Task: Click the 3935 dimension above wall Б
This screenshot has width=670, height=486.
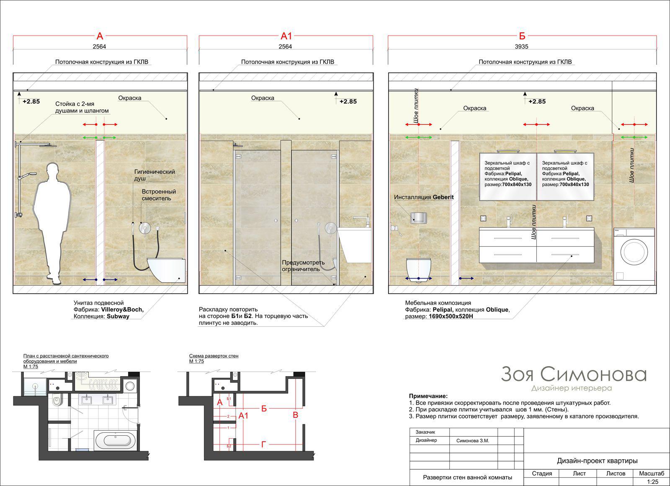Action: coord(521,47)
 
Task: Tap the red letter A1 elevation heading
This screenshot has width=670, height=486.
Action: coord(286,36)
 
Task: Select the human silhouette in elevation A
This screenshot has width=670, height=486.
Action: coord(52,223)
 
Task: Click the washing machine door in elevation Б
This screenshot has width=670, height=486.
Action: coord(634,252)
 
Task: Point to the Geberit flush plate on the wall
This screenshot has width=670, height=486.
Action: coord(418,217)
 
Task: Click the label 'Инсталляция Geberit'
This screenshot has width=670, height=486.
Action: coord(423,197)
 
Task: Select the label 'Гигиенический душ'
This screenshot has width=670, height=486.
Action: coord(155,175)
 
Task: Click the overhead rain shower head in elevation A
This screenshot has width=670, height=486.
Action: coord(47,145)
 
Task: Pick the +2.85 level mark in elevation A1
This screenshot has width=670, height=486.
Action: coord(348,101)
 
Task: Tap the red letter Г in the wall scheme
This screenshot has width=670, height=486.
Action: coord(263,445)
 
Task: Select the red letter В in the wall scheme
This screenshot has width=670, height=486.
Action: coord(296,415)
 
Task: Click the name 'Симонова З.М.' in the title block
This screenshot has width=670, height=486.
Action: coord(473,441)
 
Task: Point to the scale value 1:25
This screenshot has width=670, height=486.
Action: coord(653,482)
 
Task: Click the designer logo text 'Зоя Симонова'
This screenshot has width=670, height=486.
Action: coord(574,375)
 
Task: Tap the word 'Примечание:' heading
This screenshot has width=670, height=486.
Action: coord(428,396)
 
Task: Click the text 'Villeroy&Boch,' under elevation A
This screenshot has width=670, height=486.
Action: coord(122,310)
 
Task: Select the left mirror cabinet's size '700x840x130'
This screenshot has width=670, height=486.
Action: coord(517,185)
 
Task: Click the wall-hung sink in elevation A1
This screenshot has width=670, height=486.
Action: coord(355,245)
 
